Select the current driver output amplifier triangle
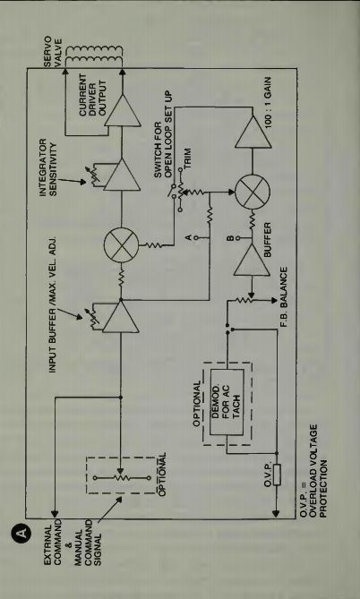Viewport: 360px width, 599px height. coord(123,110)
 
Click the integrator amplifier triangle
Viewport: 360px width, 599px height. coord(123,175)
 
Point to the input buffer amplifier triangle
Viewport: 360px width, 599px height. coord(121,316)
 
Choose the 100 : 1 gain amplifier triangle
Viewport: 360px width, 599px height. coord(253,132)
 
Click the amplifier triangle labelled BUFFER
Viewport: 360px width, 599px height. coord(252,260)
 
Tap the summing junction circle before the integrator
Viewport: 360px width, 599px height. coord(121,245)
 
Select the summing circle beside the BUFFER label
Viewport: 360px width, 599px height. coord(253,192)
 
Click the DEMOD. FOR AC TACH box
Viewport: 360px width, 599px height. coord(227,402)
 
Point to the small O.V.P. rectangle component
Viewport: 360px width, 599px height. coord(277,475)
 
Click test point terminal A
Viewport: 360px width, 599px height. coord(195,237)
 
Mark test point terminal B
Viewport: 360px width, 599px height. coord(237,238)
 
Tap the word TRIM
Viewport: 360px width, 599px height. coord(187,158)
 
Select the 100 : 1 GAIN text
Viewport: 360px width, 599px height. coord(268,102)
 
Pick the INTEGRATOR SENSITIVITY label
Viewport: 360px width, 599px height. coord(48,167)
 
